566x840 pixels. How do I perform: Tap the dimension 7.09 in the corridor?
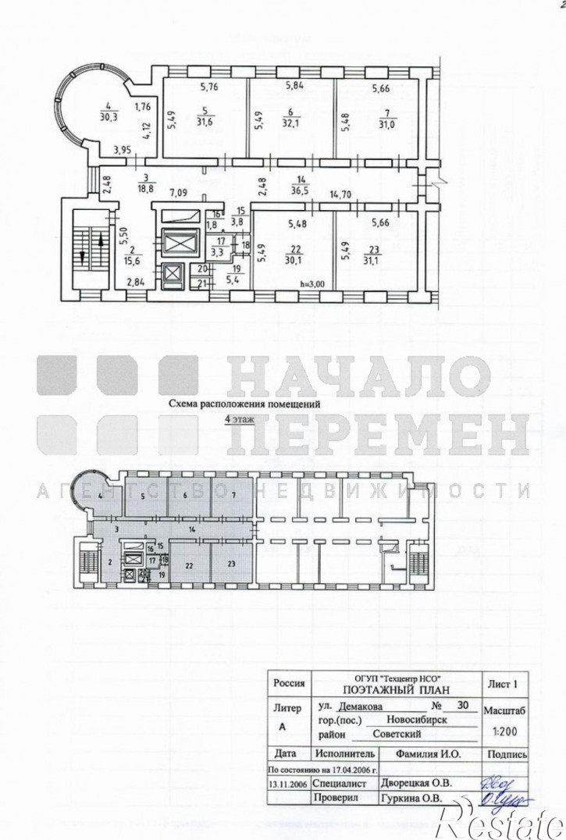point(180,191)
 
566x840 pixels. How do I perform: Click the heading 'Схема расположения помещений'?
point(245,405)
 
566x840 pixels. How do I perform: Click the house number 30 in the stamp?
point(463,705)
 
